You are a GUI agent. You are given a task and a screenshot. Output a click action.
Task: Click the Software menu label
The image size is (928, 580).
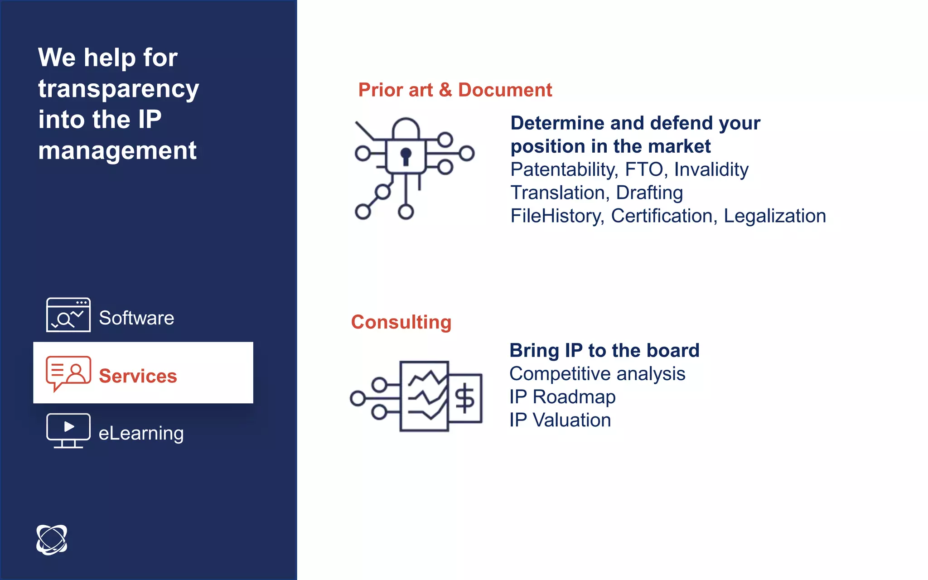(x=136, y=318)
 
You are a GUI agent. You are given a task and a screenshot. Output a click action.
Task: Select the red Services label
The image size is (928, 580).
(x=138, y=376)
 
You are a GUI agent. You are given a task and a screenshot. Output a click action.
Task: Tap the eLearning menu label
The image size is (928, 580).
(x=141, y=433)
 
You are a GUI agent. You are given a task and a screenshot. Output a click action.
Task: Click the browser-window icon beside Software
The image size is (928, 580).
(x=68, y=315)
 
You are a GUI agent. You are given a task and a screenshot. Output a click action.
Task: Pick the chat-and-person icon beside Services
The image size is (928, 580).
(x=68, y=373)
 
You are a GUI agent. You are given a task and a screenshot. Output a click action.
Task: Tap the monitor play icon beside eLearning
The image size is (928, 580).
(x=68, y=430)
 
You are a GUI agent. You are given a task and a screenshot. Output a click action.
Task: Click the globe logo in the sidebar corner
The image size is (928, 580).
(x=52, y=539)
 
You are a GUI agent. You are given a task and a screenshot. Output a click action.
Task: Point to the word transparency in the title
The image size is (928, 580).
(x=118, y=88)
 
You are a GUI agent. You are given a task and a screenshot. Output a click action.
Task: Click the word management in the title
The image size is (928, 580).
(x=117, y=150)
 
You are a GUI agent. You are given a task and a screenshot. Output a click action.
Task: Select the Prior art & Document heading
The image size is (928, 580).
(x=455, y=90)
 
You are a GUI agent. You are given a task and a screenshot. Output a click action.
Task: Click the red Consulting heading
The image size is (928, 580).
(x=401, y=322)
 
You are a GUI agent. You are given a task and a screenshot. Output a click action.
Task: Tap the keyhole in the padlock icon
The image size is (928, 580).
(x=406, y=155)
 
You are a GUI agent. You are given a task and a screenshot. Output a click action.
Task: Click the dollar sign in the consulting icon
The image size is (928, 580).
(x=464, y=398)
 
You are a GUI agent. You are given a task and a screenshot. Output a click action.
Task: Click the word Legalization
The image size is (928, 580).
(x=774, y=216)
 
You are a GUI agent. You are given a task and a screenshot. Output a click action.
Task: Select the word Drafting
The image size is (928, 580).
(x=649, y=193)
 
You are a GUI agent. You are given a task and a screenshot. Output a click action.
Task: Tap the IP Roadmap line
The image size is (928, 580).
(x=562, y=397)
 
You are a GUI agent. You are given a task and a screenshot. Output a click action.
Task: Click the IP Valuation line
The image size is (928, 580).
(x=560, y=420)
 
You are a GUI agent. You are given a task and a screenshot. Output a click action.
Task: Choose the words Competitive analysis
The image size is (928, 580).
(x=597, y=374)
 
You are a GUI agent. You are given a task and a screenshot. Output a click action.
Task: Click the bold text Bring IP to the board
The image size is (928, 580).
(x=604, y=350)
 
